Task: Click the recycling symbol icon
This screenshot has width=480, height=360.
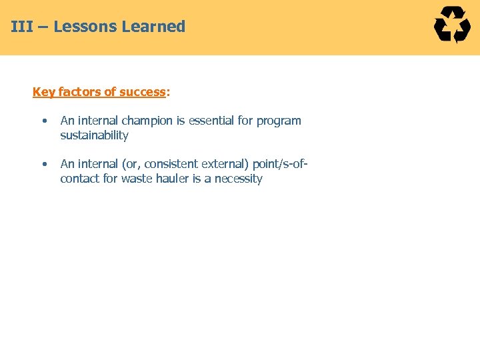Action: [452, 25]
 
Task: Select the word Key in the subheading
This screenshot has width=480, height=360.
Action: [43, 92]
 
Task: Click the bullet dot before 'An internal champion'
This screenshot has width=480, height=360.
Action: [43, 121]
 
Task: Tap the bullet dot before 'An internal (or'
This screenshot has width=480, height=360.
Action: [43, 164]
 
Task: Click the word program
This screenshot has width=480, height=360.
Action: [279, 121]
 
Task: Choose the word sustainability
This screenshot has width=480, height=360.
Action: [94, 135]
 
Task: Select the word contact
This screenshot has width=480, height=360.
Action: [79, 179]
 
